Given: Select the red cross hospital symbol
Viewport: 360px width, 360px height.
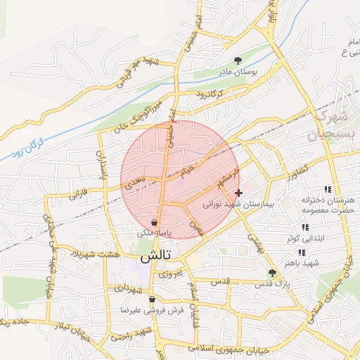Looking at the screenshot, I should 238,192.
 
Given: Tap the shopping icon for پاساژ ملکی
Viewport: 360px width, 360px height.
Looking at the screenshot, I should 154,222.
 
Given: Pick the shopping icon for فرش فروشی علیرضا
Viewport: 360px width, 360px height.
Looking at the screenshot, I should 152,300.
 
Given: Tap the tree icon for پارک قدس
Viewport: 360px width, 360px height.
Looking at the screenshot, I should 272,273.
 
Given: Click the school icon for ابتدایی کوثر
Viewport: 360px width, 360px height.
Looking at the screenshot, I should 304,227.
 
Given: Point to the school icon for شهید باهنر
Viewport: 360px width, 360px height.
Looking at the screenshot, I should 302,252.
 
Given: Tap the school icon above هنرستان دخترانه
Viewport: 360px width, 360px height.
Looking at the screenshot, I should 328,189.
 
